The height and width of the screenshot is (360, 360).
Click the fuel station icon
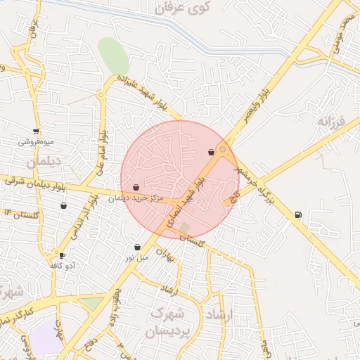299,214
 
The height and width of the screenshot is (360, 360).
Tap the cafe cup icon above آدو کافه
62,255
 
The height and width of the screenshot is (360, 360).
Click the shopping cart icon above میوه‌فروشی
36,131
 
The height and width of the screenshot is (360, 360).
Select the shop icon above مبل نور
137,247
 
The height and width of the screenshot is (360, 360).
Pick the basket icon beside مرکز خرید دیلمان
136,187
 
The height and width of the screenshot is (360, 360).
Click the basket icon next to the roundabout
211,152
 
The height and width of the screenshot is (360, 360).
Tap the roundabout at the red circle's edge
223,149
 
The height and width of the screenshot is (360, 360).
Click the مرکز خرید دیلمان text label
136,198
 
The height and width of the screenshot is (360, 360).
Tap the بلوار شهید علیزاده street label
145,92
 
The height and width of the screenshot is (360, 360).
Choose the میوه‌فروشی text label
36,142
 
